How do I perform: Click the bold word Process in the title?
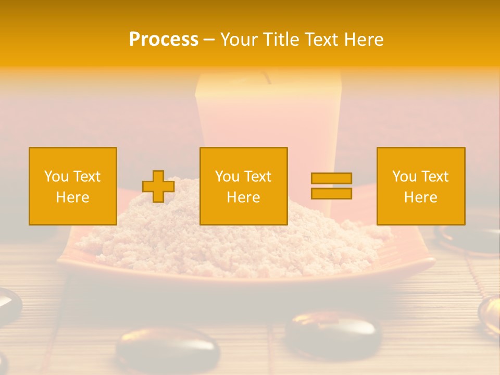[x=164, y=40]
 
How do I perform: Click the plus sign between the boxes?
[x=158, y=186]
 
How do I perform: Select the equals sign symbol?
[x=331, y=186]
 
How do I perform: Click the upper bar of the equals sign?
[x=331, y=179]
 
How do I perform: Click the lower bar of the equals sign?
[x=331, y=193]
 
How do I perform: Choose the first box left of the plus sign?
[x=73, y=186]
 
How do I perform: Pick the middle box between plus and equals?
[x=244, y=186]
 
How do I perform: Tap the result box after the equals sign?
[x=421, y=186]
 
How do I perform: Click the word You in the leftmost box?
[x=56, y=177]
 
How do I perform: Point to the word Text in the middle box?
[x=257, y=177]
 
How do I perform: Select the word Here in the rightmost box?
[x=421, y=197]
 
